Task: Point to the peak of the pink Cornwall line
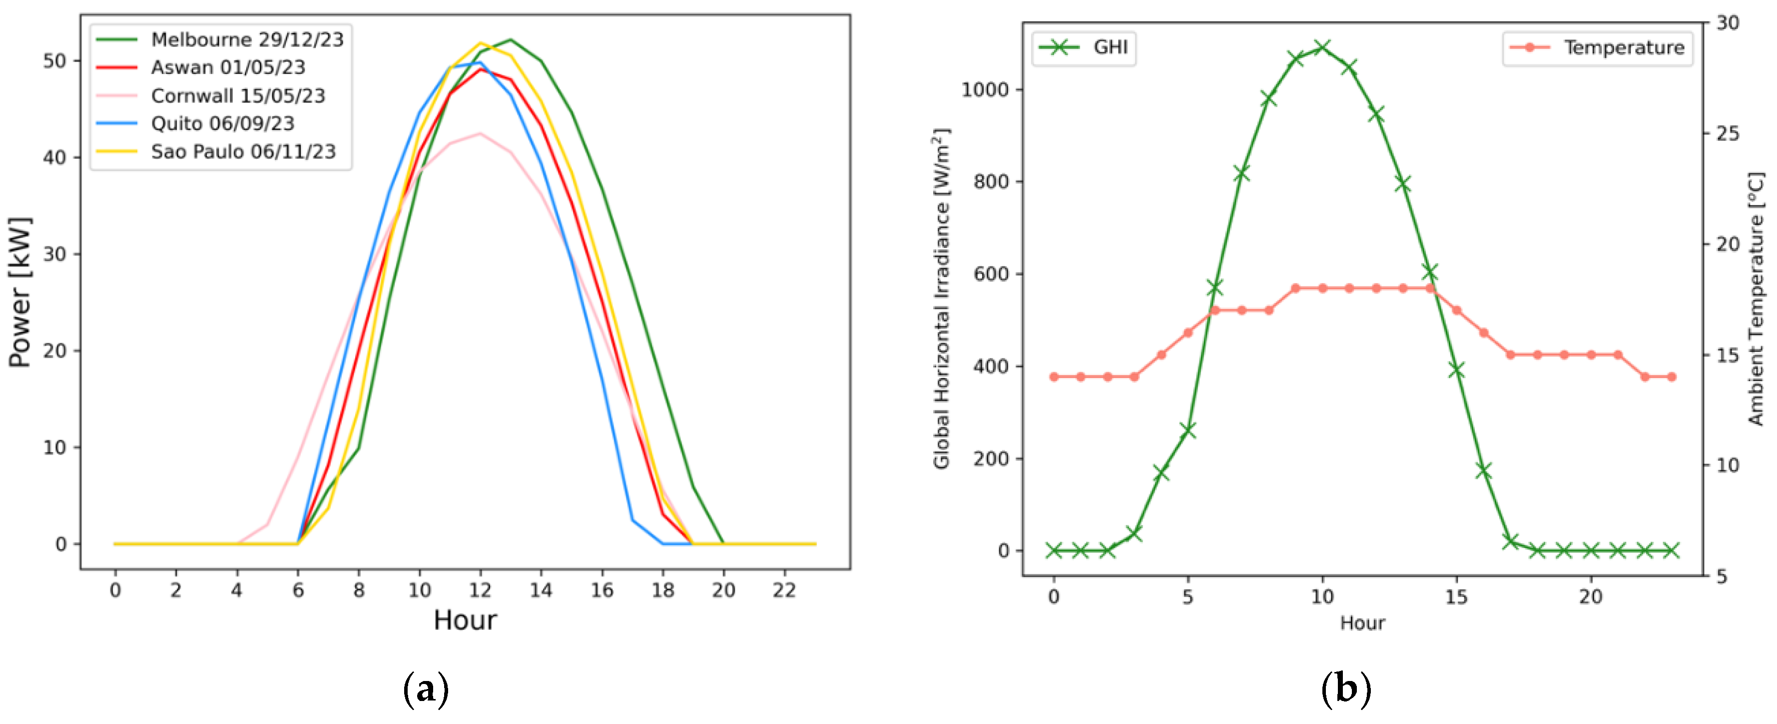point(480,133)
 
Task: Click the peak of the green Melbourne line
point(511,39)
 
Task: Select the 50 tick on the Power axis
point(54,60)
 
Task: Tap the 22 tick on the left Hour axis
point(784,590)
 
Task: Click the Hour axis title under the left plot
point(465,620)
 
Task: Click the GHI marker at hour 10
point(1322,47)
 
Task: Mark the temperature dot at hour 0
point(1054,377)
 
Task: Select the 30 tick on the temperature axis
point(1728,23)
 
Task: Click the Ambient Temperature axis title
point(1756,298)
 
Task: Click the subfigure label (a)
point(426,689)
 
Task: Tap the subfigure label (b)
point(1346,689)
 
